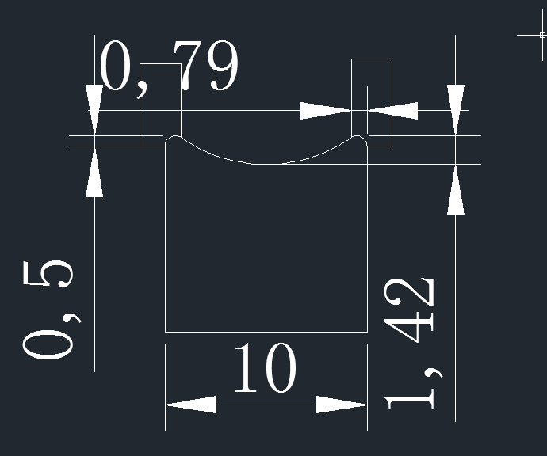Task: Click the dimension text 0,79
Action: (169, 67)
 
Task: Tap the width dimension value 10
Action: (264, 369)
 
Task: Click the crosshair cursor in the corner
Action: (542, 35)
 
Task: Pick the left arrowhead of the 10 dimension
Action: (190, 405)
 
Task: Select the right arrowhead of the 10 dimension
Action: (342, 405)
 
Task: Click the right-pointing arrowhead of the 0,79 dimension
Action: (325, 111)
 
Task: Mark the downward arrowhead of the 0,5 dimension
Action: (94, 110)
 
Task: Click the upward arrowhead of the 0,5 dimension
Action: (94, 173)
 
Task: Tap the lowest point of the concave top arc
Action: (267, 164)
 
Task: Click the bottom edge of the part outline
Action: (266, 331)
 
